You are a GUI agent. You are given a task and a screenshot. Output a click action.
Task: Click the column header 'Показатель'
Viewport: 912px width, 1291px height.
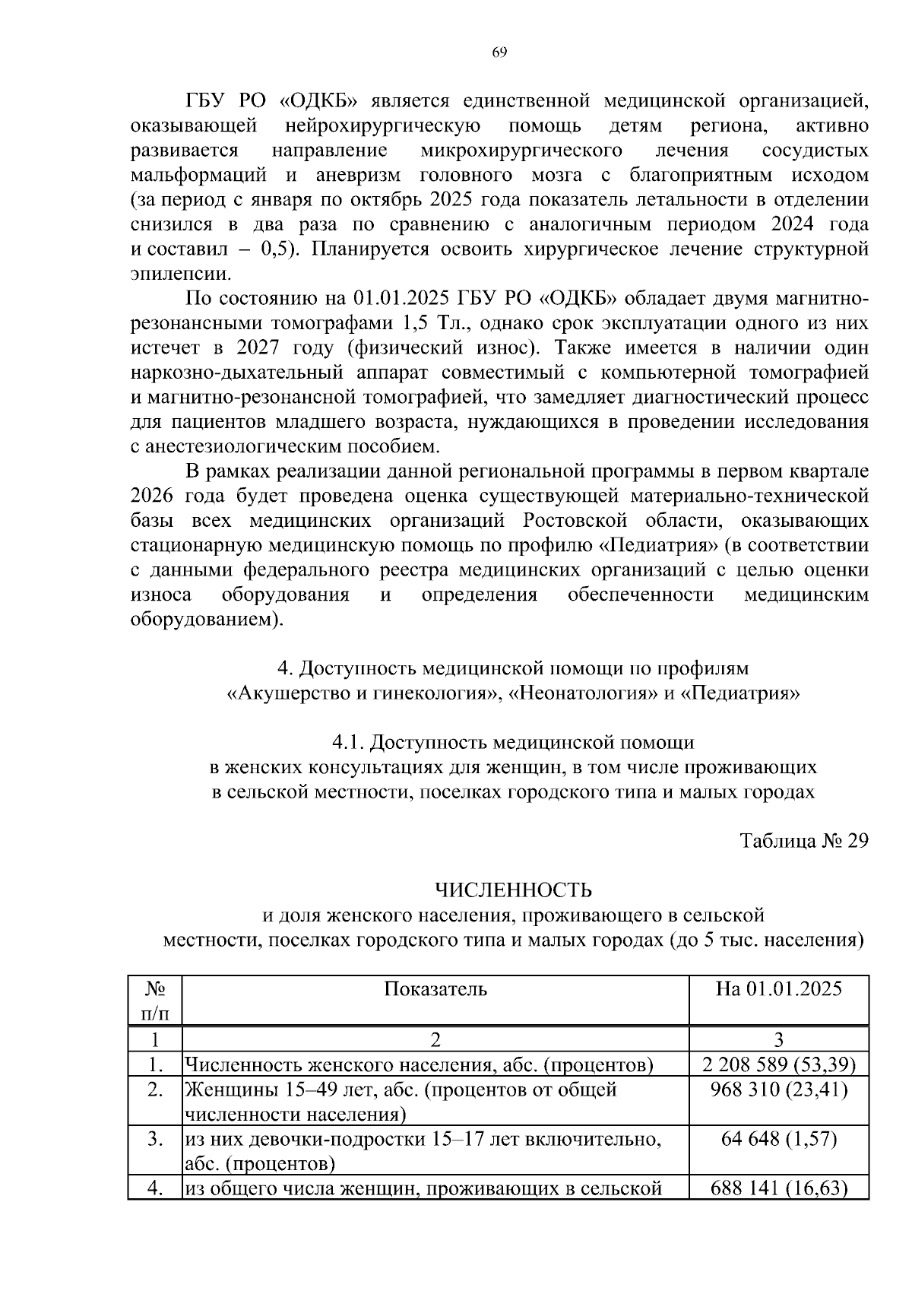click(x=435, y=988)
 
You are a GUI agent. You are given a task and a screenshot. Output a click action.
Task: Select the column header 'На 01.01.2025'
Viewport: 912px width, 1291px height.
click(x=778, y=988)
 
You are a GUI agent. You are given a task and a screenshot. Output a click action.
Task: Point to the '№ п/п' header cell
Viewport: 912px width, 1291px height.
click(x=155, y=1001)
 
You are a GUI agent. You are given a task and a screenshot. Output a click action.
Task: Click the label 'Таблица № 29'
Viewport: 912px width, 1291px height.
click(x=803, y=841)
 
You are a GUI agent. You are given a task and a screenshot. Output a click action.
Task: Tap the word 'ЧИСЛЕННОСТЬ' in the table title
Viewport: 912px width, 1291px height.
click(x=513, y=890)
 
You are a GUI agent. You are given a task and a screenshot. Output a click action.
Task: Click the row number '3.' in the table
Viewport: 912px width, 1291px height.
click(x=155, y=1138)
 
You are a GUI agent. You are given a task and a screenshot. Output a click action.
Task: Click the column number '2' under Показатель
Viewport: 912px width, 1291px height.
click(x=435, y=1039)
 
